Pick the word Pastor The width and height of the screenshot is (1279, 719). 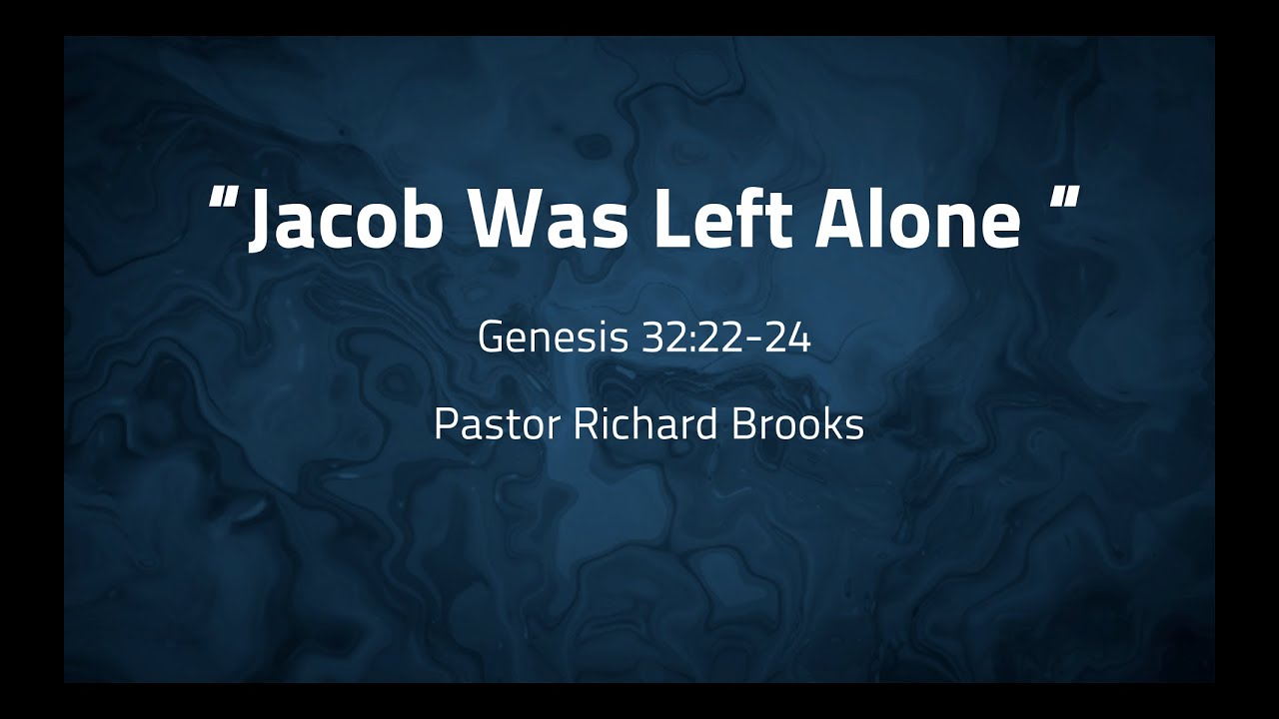497,425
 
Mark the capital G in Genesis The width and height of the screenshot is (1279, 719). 492,339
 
